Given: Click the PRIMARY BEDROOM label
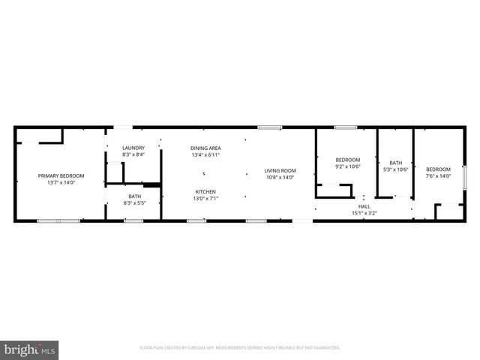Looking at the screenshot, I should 61,175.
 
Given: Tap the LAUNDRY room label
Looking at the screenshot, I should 133,148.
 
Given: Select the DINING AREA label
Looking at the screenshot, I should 205,148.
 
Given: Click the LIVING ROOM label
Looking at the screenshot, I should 280,170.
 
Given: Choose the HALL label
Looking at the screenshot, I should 364,206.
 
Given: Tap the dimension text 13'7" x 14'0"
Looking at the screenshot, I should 61,182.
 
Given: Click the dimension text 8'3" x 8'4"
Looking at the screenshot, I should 133,154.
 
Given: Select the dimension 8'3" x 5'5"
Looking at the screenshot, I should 134,202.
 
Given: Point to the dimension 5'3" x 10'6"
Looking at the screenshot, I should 395,169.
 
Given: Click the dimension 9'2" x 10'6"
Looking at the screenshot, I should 348,166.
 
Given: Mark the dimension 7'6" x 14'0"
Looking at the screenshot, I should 439,176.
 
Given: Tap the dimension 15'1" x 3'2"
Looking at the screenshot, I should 364,213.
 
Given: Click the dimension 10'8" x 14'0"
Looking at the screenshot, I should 280,177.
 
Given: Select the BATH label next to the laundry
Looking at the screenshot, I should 134,196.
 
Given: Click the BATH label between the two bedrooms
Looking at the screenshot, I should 395,163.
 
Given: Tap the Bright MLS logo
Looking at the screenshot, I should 30,349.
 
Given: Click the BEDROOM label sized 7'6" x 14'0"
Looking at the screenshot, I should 439,169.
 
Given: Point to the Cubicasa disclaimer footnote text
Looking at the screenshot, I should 240,347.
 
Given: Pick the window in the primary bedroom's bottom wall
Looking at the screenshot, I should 58,220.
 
